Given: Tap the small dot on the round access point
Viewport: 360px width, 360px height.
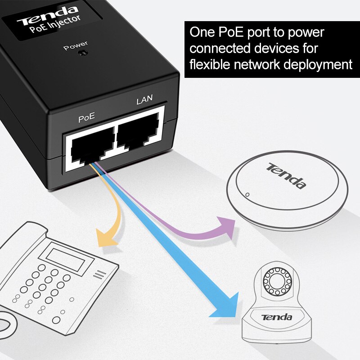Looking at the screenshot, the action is point(247,195).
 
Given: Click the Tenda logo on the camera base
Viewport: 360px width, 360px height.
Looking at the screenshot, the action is point(277,317).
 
